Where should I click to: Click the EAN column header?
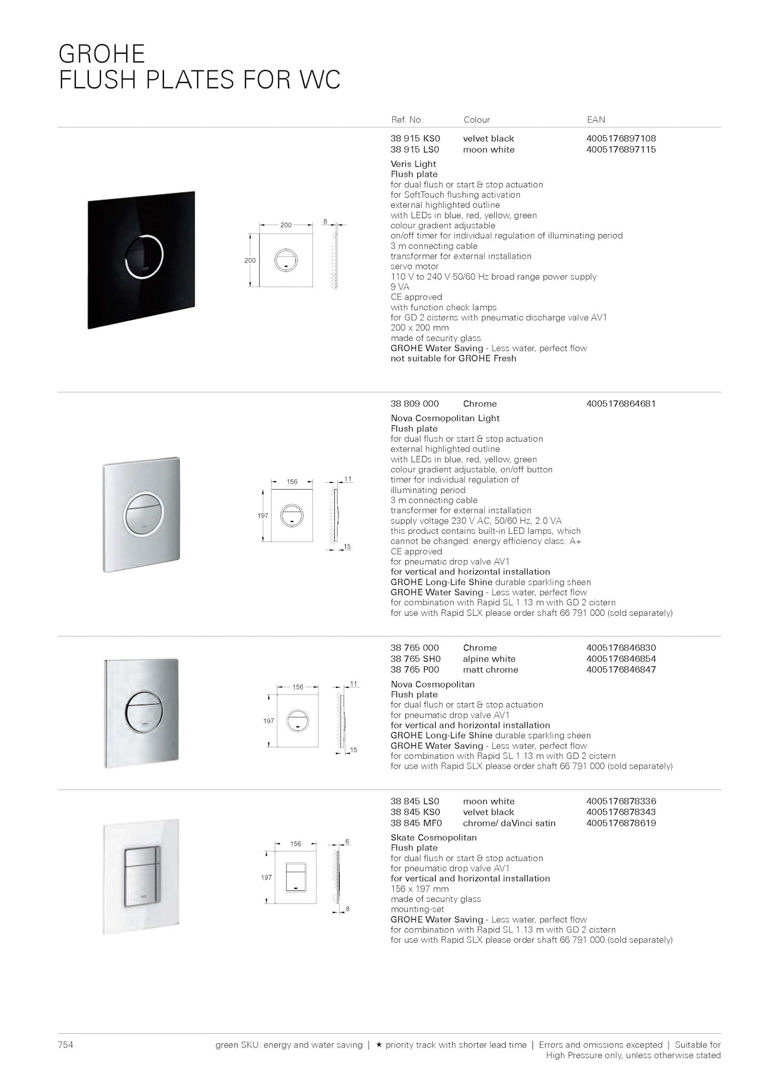click(x=596, y=120)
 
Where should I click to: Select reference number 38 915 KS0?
click(x=415, y=139)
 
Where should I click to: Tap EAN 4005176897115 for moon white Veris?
click(x=621, y=150)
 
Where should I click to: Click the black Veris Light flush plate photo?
click(x=141, y=260)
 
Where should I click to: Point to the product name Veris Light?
click(x=413, y=164)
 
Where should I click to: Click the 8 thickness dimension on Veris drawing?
click(x=325, y=222)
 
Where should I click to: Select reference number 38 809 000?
click(x=414, y=404)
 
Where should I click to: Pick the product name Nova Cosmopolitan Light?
click(x=445, y=419)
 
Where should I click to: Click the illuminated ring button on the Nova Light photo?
click(x=143, y=514)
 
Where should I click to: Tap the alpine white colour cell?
click(x=489, y=659)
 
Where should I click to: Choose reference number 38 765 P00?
click(x=414, y=670)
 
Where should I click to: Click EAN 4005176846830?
click(x=621, y=648)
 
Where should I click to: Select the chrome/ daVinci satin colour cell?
click(x=509, y=824)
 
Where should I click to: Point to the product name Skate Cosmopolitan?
click(x=433, y=838)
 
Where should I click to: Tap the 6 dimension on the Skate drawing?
click(x=347, y=841)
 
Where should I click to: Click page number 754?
click(x=65, y=1045)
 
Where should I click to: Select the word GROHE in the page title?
click(x=101, y=54)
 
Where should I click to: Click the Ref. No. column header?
click(x=406, y=120)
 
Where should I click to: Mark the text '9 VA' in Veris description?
click(x=399, y=287)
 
